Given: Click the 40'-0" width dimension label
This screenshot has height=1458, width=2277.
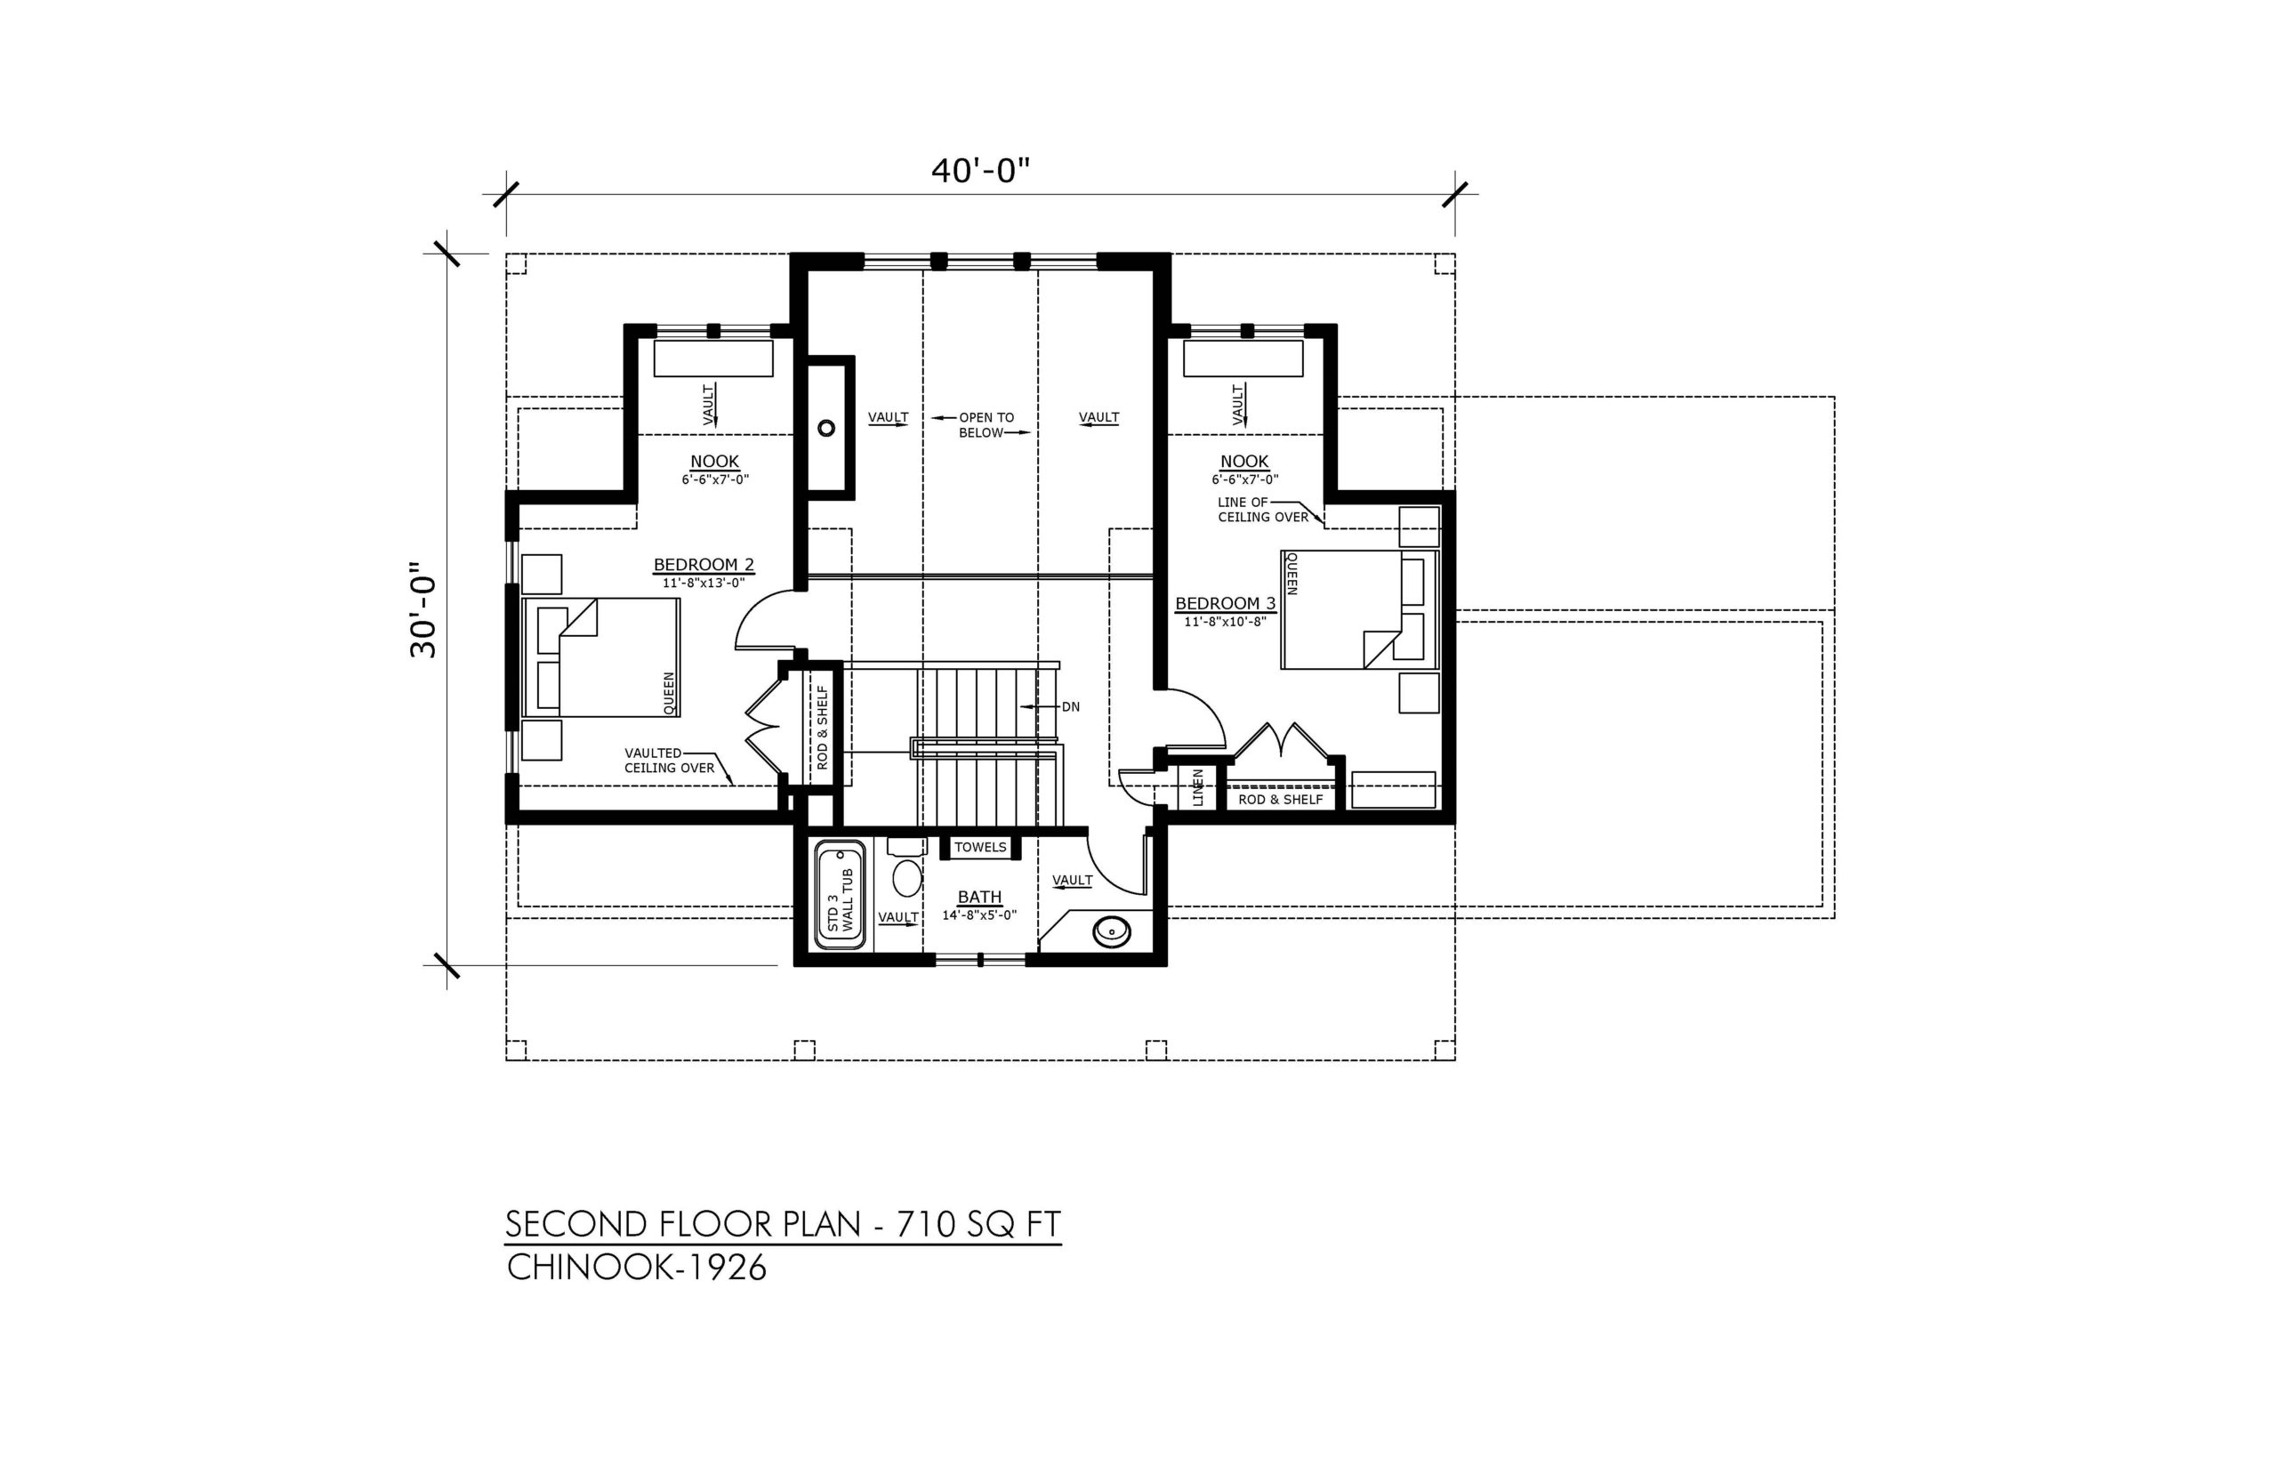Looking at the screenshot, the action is click(x=979, y=171).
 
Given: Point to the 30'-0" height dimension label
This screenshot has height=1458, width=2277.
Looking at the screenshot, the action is click(x=423, y=612).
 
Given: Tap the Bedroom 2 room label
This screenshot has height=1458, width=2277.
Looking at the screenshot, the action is click(x=704, y=565).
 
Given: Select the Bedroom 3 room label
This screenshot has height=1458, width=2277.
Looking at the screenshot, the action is click(x=1225, y=603).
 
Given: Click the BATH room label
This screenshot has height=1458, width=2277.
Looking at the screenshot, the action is click(x=979, y=897).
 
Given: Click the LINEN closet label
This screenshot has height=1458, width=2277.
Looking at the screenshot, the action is click(x=1198, y=787).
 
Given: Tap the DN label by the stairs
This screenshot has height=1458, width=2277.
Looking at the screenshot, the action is click(x=1070, y=706).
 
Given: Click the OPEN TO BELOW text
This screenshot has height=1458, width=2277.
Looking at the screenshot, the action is click(x=986, y=425).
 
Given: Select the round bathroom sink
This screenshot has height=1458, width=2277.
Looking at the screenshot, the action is click(x=1111, y=931).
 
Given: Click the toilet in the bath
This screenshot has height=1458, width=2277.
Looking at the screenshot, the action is click(x=906, y=869).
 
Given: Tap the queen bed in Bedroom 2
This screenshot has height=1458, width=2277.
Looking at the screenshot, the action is click(x=601, y=657).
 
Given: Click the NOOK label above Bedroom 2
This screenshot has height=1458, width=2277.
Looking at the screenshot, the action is click(x=714, y=462).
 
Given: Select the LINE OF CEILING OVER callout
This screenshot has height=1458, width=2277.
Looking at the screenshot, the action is click(x=1263, y=510).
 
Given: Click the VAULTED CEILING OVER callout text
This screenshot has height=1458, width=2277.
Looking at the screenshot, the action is click(x=669, y=761).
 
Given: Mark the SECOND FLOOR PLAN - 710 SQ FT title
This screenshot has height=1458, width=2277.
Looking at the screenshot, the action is click(x=783, y=1224).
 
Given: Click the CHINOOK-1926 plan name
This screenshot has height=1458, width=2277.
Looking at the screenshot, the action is click(x=637, y=1268).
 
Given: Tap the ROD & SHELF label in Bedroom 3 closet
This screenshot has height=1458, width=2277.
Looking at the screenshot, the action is click(x=1281, y=799).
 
